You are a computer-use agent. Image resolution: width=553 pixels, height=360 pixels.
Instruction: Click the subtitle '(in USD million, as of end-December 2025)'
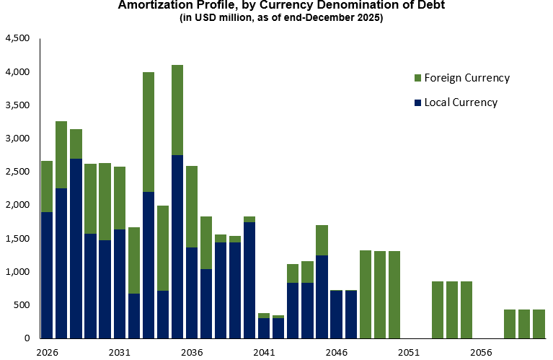pos(281,18)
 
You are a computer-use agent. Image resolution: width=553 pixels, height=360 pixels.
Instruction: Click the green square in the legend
pos(418,78)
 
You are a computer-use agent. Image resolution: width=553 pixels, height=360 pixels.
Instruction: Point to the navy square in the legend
pos(418,102)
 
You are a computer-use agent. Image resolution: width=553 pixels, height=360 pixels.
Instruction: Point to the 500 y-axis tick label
pos(22,305)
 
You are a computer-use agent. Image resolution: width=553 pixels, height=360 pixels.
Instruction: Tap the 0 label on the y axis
pos(27,338)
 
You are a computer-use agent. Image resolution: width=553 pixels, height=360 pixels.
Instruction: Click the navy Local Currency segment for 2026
pos(47,275)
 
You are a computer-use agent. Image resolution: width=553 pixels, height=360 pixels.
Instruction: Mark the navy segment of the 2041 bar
pos(264,328)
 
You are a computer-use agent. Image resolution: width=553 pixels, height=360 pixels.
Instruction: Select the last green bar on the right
pos(539,324)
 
